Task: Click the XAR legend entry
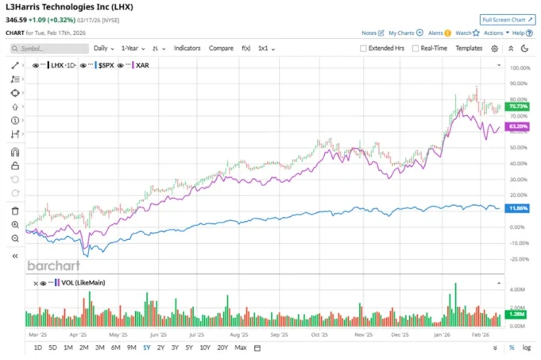[x=143, y=64]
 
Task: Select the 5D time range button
[x=52, y=347]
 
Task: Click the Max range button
[x=241, y=347]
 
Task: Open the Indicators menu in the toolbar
[x=187, y=48]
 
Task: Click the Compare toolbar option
[x=221, y=48]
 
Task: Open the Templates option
[x=469, y=48]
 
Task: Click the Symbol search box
[x=50, y=48]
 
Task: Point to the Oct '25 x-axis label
[x=321, y=335]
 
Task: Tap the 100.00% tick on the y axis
[x=520, y=68]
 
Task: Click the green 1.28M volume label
[x=516, y=315]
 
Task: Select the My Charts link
[x=401, y=33]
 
